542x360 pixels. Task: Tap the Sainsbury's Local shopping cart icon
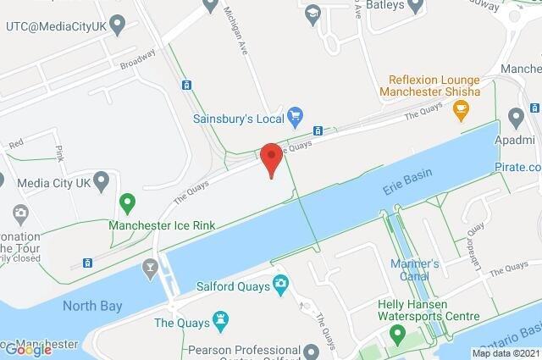point(296,114)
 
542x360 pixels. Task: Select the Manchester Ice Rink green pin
point(127,203)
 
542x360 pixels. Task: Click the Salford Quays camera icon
point(279,285)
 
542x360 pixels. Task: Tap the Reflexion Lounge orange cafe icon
point(461,108)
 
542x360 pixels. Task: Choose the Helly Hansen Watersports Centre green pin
point(395,335)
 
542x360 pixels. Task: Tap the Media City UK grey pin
point(102,180)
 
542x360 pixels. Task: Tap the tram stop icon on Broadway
point(185,85)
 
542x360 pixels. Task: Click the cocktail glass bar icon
point(150,269)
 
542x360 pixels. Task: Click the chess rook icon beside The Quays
point(223,320)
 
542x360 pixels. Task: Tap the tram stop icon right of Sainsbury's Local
point(318,131)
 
